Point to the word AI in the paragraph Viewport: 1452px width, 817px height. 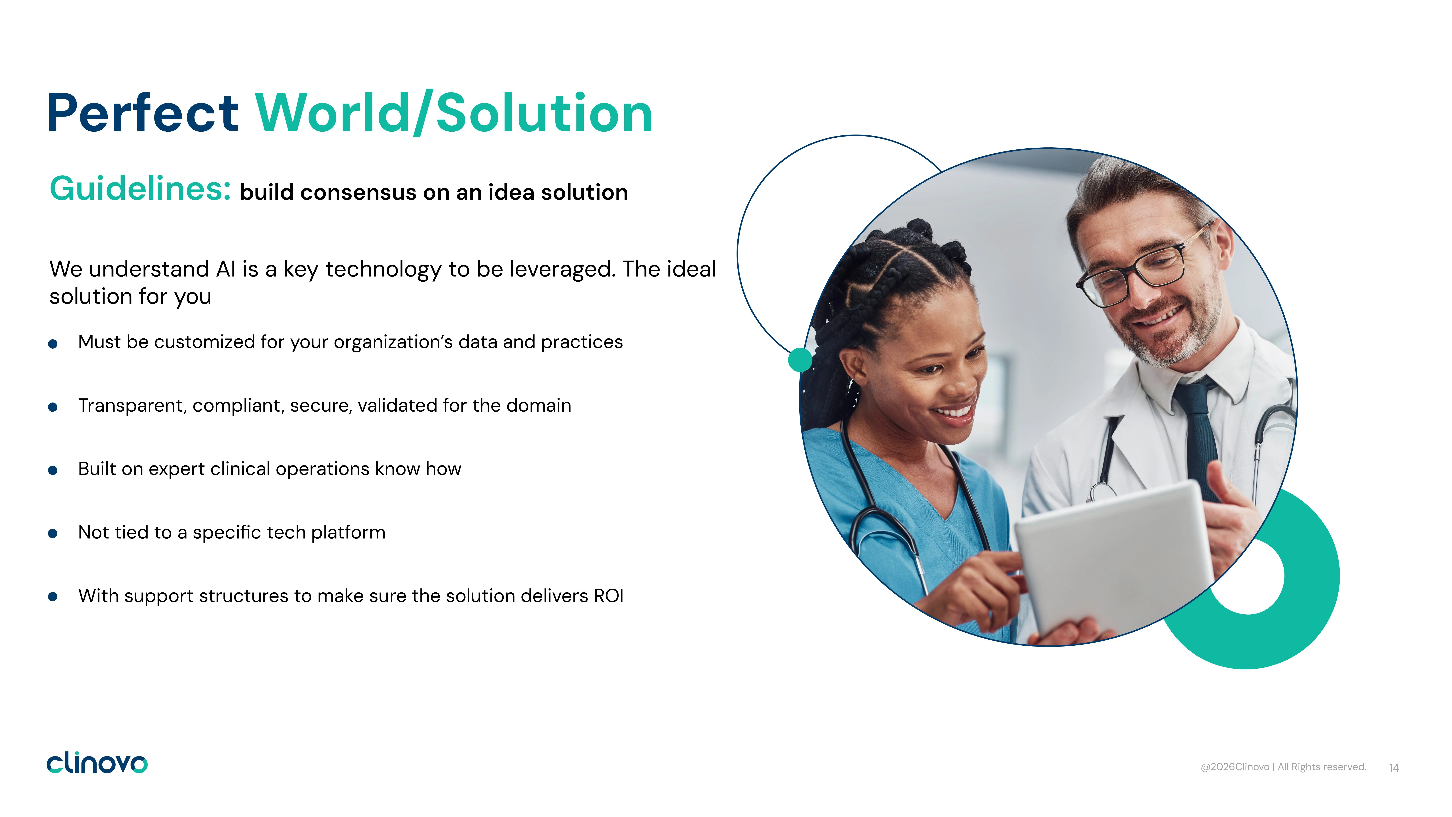tap(226, 269)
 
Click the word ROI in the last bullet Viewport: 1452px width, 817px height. tap(609, 596)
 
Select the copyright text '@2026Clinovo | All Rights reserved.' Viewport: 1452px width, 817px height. tap(1283, 767)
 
